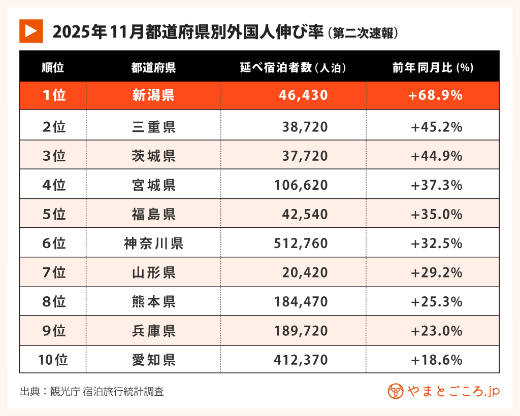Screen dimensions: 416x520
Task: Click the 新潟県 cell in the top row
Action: [153, 95]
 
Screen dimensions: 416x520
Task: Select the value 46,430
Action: [303, 95]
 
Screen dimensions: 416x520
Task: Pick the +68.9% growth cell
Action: [436, 95]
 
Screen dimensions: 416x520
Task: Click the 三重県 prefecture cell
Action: [153, 127]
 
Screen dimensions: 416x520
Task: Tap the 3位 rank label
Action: [53, 156]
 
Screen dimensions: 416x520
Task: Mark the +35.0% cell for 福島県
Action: [437, 214]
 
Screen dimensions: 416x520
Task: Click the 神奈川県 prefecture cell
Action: [153, 244]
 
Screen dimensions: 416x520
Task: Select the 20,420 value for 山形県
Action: [305, 273]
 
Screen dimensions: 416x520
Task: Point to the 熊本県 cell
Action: [153, 302]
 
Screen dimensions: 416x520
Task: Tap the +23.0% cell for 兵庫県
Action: [437, 331]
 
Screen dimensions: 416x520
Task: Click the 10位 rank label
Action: [53, 360]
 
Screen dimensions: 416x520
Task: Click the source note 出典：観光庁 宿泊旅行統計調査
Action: [92, 392]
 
